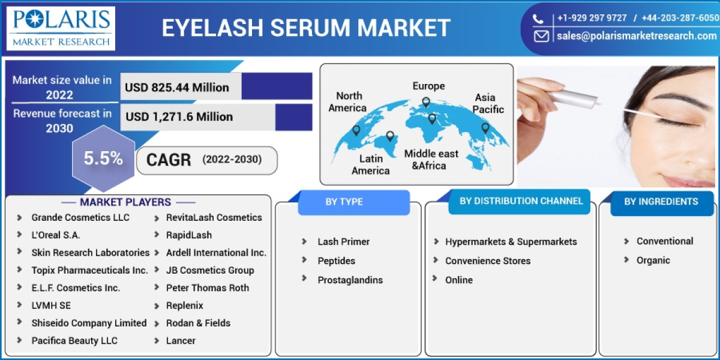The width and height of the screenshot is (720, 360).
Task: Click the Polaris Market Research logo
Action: point(61,28)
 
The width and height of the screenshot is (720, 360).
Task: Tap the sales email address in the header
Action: point(636,36)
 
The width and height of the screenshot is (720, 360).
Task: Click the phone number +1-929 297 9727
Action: point(592,18)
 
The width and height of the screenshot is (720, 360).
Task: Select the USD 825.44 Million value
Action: point(177,88)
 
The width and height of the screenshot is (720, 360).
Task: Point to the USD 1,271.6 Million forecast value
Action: point(179,116)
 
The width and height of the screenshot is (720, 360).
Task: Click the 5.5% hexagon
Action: point(103,159)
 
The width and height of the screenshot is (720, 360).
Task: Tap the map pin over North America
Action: point(356,130)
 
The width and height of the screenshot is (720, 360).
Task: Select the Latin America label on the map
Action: point(370,164)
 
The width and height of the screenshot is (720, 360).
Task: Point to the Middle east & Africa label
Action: point(431,160)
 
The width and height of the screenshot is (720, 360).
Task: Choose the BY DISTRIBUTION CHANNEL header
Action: point(521,201)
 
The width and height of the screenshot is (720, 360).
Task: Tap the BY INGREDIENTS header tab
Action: point(661,202)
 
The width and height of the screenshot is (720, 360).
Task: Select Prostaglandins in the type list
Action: point(350,280)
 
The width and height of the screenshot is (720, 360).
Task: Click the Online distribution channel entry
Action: point(458,280)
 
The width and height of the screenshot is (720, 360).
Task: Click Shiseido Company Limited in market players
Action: point(89,323)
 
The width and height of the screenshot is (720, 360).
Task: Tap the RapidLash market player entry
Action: point(188,235)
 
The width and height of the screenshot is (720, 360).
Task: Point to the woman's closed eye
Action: point(675,120)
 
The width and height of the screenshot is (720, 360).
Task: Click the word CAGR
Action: point(169,160)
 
